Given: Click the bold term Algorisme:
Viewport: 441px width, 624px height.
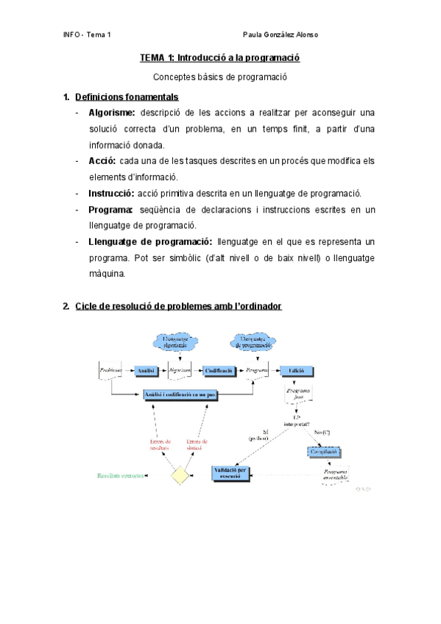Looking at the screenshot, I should (x=111, y=113).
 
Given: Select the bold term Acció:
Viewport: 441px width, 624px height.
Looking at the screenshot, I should (x=103, y=160).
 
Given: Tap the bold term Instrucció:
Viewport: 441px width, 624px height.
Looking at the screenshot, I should (x=110, y=193).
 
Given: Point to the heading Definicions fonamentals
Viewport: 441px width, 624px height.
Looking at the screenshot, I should (x=126, y=96).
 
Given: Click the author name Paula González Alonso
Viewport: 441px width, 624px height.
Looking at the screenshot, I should (x=281, y=35).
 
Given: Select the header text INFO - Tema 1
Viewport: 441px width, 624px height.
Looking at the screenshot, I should (x=87, y=35).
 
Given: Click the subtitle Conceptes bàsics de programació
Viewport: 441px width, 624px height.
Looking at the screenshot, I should (x=220, y=77).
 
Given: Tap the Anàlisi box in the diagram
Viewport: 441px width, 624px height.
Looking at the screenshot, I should (x=144, y=370).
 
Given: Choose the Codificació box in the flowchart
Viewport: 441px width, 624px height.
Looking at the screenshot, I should (x=219, y=370).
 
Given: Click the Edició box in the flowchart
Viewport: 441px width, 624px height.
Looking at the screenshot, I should (x=296, y=370).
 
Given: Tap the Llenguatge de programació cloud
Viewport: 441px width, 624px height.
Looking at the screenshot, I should (x=252, y=341).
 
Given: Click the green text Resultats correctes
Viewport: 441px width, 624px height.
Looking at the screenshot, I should (x=122, y=475).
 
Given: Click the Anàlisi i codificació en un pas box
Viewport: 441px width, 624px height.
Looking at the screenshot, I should (x=180, y=395).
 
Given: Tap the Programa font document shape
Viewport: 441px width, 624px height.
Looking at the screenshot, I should (x=299, y=395).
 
